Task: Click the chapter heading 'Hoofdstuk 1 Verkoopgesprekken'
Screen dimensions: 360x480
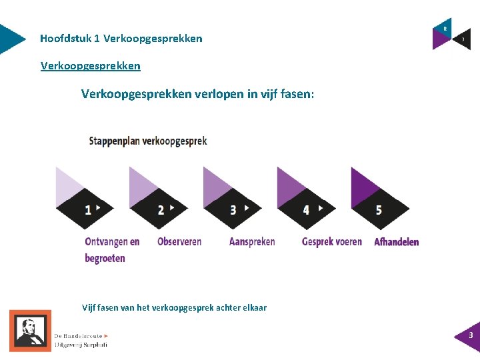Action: point(121,39)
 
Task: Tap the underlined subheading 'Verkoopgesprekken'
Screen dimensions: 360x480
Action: point(91,65)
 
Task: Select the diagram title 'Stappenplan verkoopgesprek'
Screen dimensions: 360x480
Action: point(148,141)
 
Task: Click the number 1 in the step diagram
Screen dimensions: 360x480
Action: point(88,210)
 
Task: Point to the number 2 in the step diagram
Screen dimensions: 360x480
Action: point(161,210)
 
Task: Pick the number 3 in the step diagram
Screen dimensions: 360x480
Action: point(233,210)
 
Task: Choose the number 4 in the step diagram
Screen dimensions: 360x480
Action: point(306,210)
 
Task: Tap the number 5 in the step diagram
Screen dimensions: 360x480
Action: point(379,210)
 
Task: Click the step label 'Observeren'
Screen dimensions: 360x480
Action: point(179,241)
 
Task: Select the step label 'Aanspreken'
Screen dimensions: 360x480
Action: point(252,241)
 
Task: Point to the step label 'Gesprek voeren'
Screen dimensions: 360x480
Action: point(332,241)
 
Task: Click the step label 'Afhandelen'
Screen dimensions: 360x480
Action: point(397,241)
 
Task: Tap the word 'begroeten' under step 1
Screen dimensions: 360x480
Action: point(105,258)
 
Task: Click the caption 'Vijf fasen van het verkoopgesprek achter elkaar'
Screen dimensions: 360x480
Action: point(174,307)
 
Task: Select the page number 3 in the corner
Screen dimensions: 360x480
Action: point(471,335)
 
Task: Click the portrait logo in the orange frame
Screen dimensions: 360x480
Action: point(30,331)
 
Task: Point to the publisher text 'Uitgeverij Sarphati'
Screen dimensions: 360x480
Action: point(81,345)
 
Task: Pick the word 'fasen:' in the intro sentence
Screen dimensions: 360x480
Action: point(297,94)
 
